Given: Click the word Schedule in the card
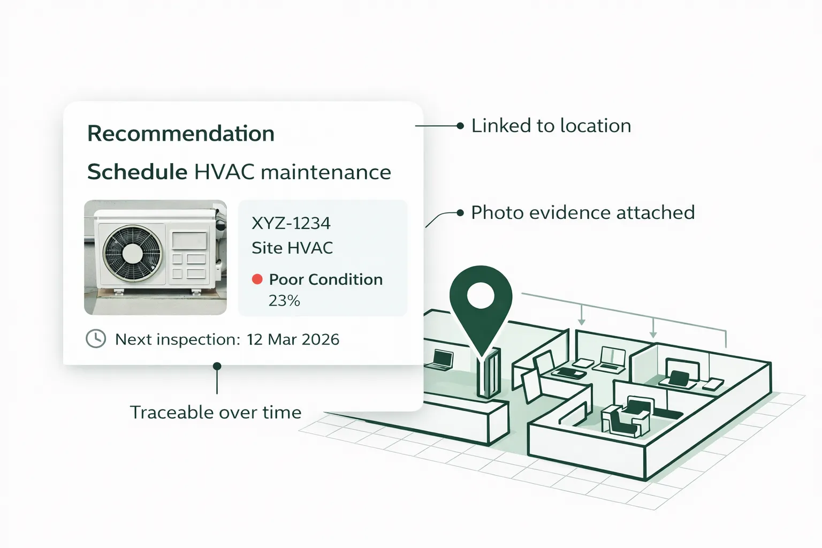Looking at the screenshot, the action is [x=137, y=172].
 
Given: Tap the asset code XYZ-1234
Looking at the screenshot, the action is [x=291, y=223].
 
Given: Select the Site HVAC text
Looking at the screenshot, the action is [x=292, y=248].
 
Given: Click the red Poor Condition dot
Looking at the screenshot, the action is [x=257, y=279].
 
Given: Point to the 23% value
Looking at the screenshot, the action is [x=284, y=301].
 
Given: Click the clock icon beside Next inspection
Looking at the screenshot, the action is [x=96, y=338].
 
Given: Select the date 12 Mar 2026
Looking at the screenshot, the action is [x=293, y=339].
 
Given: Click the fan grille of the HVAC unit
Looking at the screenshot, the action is [x=132, y=253].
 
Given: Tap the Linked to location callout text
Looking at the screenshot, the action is [x=551, y=126].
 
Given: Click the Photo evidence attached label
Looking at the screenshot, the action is [x=583, y=212].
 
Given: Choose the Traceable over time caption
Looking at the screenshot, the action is [x=216, y=412].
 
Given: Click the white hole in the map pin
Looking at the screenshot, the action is [x=481, y=295].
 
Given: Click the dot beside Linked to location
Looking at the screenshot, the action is [x=460, y=126].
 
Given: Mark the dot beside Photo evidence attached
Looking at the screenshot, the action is [x=460, y=212].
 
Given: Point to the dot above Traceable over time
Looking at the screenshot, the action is [x=217, y=366].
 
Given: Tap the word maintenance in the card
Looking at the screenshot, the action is [x=326, y=172].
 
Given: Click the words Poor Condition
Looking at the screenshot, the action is [x=326, y=279].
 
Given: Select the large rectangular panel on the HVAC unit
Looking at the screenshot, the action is [x=189, y=240].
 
